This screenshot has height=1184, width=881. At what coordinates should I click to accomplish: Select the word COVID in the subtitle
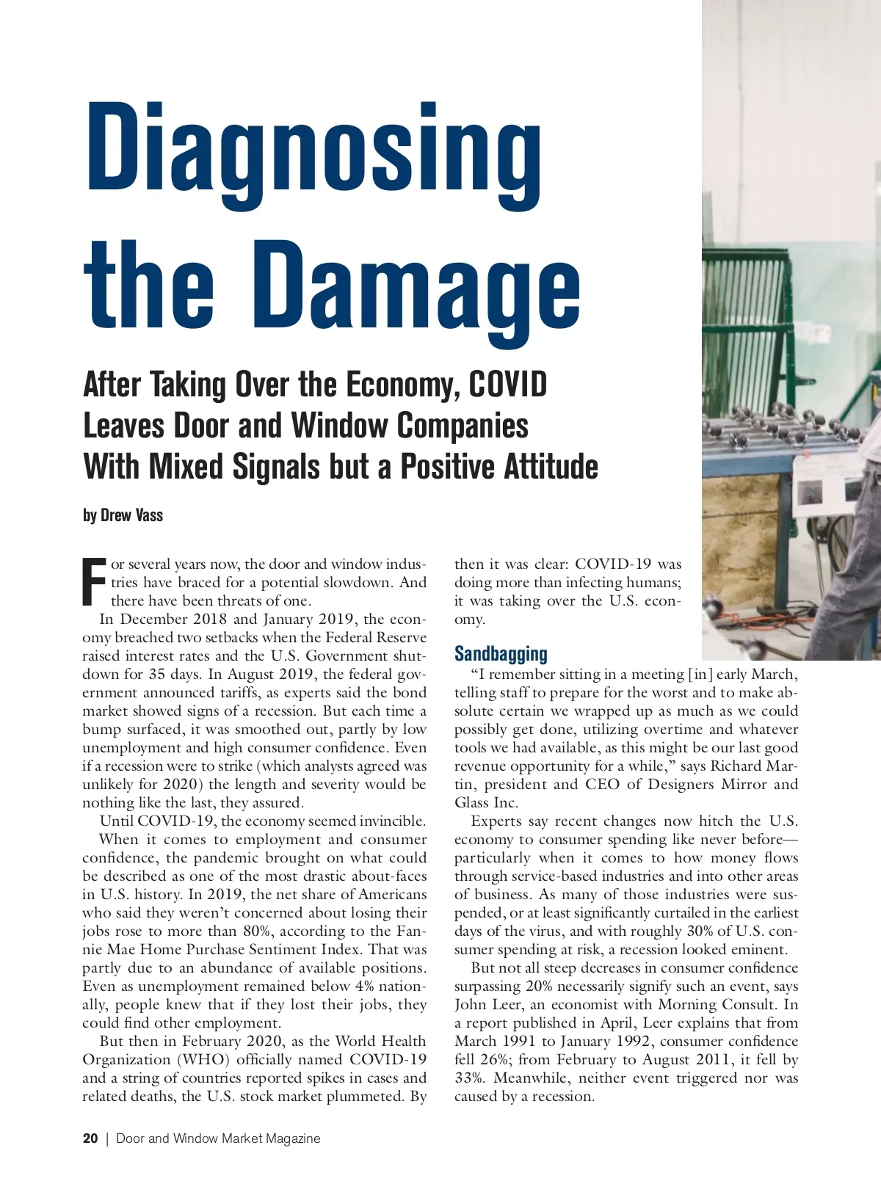[507, 384]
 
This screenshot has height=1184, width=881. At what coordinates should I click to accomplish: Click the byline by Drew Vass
[123, 515]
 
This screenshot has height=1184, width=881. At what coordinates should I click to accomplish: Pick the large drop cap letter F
[94, 582]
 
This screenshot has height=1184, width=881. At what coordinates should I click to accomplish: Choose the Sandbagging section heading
[501, 653]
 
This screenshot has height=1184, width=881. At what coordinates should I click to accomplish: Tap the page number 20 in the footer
[90, 1138]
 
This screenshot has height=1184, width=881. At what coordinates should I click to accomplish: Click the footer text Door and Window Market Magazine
[218, 1138]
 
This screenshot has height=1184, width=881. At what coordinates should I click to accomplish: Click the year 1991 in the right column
[520, 1041]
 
